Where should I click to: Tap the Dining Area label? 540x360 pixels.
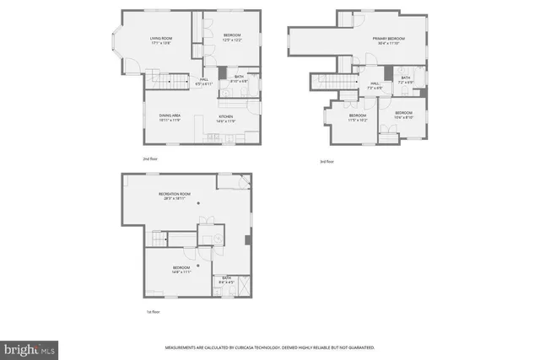click(171, 118)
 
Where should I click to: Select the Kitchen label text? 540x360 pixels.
click(226, 118)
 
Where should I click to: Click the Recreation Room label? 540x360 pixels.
click(174, 196)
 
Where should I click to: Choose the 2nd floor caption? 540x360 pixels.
click(150, 159)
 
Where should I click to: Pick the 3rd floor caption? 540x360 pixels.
click(327, 161)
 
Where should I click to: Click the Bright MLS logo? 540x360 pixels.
click(30, 347)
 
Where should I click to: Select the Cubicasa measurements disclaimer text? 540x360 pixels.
click(269, 347)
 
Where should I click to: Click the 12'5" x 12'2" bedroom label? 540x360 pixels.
click(232, 39)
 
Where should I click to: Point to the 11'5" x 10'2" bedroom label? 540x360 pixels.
click(358, 117)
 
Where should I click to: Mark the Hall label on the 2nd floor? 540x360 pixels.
click(203, 83)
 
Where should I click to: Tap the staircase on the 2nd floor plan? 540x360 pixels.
click(167, 82)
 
